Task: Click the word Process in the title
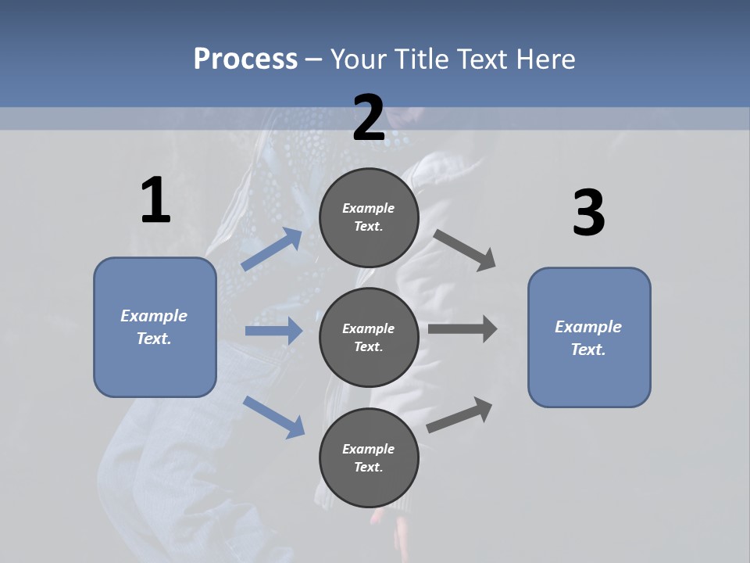tap(245, 59)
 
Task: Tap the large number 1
tap(155, 201)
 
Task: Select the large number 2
tap(369, 118)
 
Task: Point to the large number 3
tap(588, 213)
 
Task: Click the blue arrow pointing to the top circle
tap(272, 249)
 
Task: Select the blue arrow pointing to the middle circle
tap(273, 331)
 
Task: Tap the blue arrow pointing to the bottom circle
tap(273, 417)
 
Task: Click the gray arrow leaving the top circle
tap(465, 250)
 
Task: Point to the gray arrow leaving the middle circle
tap(462, 328)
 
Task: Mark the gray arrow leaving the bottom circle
tap(459, 415)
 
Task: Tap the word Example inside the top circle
tap(368, 208)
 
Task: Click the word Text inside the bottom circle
tap(368, 467)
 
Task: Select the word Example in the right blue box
tap(588, 327)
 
